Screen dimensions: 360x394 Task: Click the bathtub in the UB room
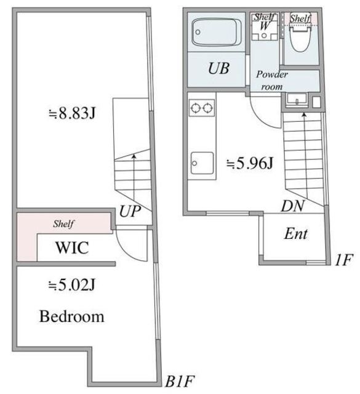217,32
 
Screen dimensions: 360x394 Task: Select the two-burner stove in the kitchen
201,108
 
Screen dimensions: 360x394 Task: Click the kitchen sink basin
202,163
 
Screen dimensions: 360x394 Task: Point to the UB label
218,68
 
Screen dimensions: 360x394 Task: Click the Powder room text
272,80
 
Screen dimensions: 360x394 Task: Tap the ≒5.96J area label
250,164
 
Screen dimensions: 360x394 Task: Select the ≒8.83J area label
72,113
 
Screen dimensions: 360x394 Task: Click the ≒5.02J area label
72,285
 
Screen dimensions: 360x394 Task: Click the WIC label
72,247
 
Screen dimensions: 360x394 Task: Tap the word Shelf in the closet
63,223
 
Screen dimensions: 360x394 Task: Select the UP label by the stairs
130,212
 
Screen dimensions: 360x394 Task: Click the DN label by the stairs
293,206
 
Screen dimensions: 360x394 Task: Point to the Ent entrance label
295,234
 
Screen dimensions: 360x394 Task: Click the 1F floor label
344,260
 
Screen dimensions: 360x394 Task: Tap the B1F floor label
180,382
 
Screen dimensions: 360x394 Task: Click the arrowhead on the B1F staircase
134,156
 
